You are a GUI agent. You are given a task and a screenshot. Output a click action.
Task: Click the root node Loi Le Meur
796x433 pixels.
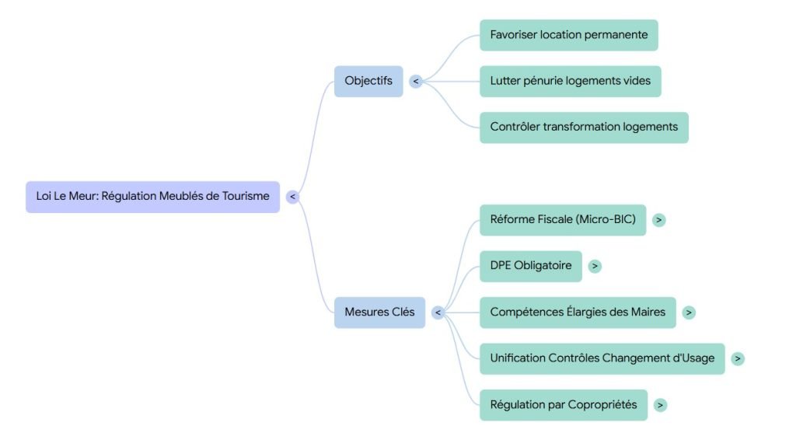pyautogui.click(x=152, y=197)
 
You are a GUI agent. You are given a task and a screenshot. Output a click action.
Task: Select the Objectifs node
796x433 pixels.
pyautogui.click(x=368, y=81)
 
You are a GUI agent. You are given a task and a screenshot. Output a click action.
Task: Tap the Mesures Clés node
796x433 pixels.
pyautogui.click(x=379, y=313)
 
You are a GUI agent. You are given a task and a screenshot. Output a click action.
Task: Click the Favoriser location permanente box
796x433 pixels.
pyautogui.click(x=568, y=35)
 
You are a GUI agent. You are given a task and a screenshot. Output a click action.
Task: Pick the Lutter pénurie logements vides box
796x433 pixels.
pyautogui.click(x=570, y=81)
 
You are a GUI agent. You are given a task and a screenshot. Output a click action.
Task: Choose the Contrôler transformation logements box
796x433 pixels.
pyautogui.click(x=584, y=127)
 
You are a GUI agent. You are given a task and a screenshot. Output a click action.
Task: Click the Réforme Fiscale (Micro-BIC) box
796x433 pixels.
pyautogui.click(x=563, y=220)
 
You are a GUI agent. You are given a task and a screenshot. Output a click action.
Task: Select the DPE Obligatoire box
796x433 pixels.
pyautogui.click(x=530, y=266)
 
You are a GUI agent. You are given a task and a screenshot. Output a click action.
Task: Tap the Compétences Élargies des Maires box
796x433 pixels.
pyautogui.click(x=578, y=313)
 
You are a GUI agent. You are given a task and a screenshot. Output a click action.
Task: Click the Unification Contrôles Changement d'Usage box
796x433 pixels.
pyautogui.click(x=602, y=358)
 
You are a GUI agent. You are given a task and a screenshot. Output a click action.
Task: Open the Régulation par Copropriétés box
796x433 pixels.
pyautogui.click(x=563, y=405)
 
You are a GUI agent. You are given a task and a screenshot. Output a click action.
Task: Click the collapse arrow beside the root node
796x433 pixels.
pyautogui.click(x=292, y=197)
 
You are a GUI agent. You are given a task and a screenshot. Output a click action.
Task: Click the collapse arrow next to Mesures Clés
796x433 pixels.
pyautogui.click(x=438, y=313)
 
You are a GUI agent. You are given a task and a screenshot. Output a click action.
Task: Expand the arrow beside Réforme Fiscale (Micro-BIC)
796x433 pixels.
pyautogui.click(x=659, y=220)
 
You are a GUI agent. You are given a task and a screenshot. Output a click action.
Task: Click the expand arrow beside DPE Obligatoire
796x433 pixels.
pyautogui.click(x=595, y=266)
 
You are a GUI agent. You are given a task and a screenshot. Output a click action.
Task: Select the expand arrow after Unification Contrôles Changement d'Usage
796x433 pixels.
pyautogui.click(x=738, y=358)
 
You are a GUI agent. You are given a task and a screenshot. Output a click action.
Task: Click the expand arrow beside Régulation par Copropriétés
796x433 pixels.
pyautogui.click(x=660, y=405)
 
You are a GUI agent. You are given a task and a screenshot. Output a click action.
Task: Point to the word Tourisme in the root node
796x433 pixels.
pyautogui.click(x=245, y=197)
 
